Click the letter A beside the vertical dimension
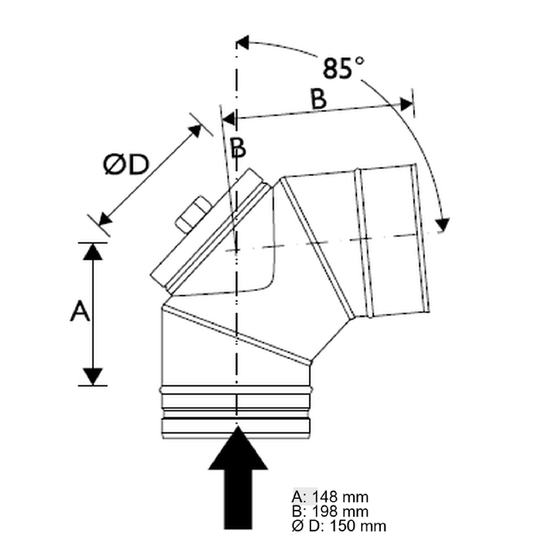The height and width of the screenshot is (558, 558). point(80,312)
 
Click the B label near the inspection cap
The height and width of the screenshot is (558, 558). point(238,148)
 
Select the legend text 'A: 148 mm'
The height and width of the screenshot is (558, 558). point(330,497)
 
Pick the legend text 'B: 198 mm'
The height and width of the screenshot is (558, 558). point(330,511)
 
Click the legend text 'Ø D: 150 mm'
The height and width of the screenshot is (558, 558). point(339,526)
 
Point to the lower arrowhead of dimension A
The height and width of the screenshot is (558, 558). point(93,376)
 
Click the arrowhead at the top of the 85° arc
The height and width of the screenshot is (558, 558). point(243,42)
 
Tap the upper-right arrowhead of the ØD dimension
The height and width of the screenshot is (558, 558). point(195,131)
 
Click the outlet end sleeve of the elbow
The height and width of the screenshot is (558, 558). point(394,240)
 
